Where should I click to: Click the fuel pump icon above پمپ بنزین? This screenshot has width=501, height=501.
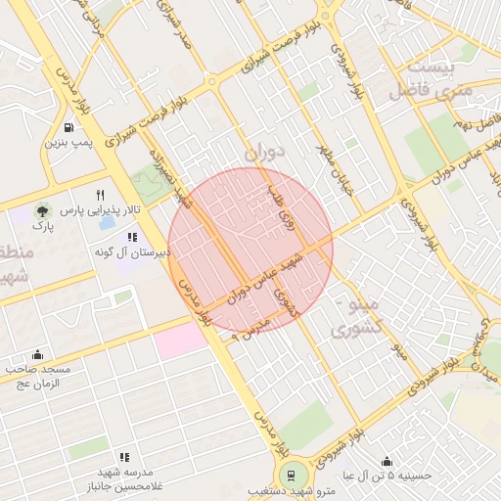tap(68, 127)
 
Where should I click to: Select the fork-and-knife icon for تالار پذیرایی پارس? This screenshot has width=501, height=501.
tap(100, 196)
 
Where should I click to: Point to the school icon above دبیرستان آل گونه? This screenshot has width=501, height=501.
tap(132, 237)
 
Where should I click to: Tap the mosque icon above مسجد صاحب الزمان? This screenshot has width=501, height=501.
tap(37, 354)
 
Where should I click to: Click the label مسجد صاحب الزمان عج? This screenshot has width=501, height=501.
tap(37, 377)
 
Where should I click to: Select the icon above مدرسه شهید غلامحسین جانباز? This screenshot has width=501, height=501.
tap(124, 457)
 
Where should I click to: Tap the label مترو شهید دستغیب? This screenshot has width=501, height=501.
tap(292, 492)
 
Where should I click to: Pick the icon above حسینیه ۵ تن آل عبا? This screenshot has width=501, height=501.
tap(387, 462)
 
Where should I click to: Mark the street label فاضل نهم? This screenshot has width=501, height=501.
tap(475, 124)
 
